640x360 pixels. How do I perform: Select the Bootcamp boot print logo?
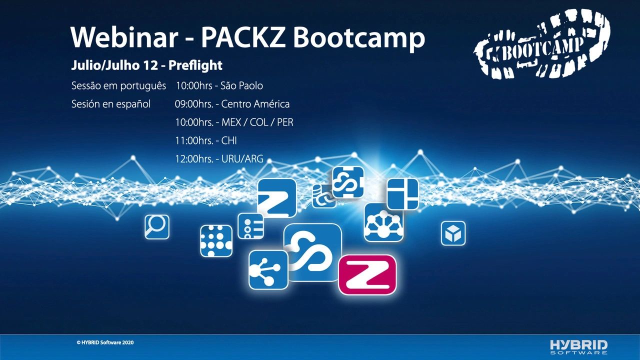[542, 45]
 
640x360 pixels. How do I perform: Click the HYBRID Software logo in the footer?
[578, 346]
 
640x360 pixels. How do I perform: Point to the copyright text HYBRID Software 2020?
[105, 342]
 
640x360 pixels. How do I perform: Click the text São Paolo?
[241, 86]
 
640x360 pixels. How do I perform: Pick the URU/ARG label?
[242, 160]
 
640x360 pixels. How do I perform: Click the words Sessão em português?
[118, 86]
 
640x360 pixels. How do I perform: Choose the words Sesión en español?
[111, 104]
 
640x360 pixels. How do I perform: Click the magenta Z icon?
[367, 274]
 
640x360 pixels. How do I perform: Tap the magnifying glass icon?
[157, 227]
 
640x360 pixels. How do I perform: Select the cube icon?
[453, 233]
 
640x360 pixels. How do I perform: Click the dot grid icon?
[216, 240]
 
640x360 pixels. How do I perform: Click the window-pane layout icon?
[402, 193]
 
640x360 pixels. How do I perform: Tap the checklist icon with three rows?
[250, 226]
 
